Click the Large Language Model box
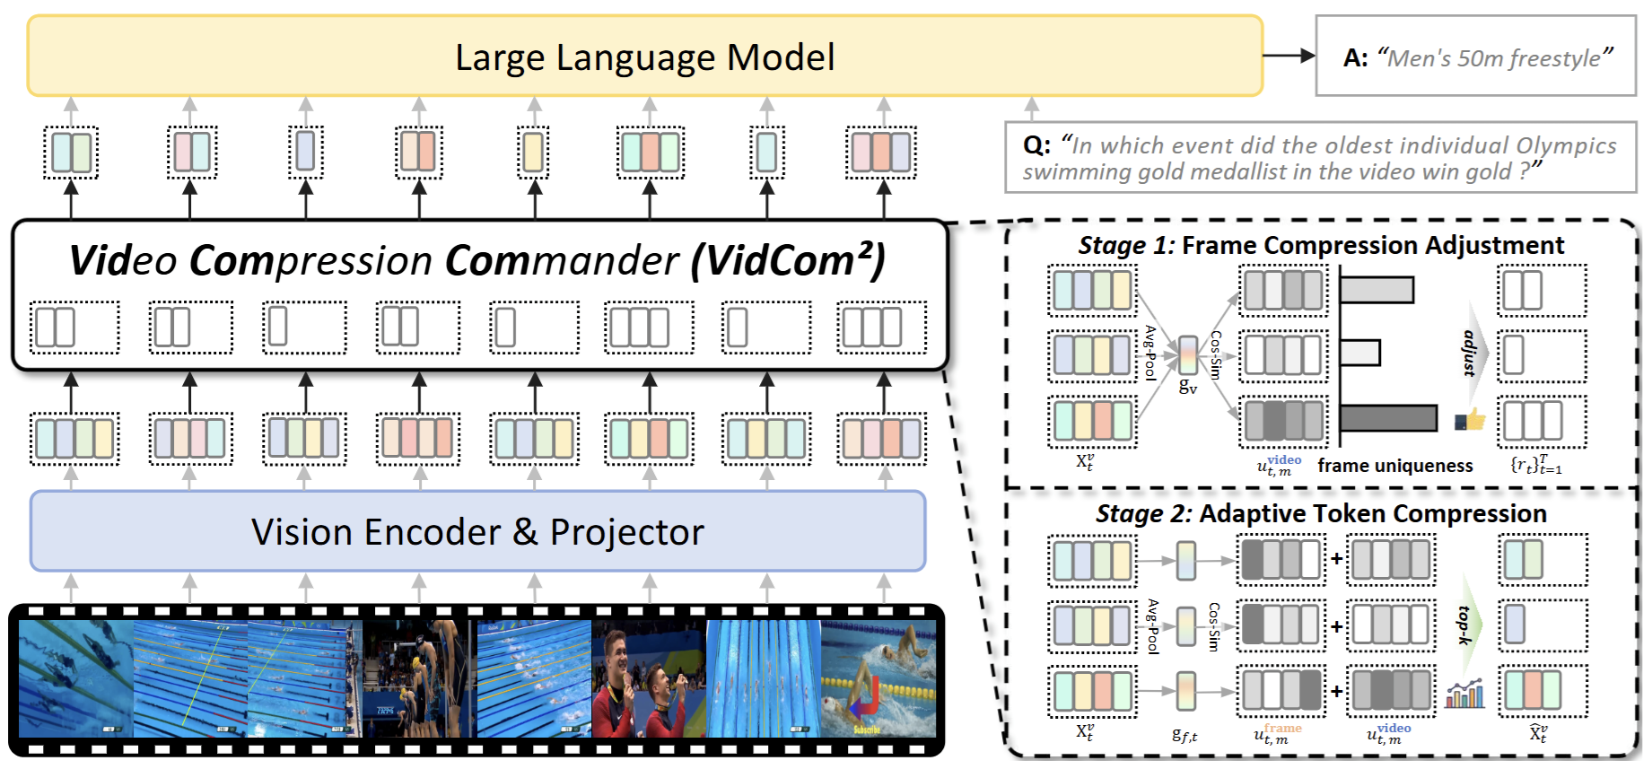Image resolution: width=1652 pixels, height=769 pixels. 644,57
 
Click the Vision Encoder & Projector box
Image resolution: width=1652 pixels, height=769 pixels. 477,531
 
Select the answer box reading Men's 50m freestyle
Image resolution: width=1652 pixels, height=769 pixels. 1476,57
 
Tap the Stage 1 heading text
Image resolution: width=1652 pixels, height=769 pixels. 1320,245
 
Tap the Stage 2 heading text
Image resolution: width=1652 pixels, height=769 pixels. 1320,513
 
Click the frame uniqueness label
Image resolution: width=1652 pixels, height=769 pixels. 1394,466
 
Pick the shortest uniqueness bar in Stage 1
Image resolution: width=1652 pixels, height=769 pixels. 1360,353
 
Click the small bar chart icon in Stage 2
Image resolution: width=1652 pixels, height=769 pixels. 1464,694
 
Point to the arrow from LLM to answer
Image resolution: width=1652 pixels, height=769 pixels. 1289,56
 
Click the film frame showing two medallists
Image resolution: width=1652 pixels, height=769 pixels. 649,679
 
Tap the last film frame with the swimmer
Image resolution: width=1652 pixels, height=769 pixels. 878,679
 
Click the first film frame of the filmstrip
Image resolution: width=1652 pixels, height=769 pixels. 76,679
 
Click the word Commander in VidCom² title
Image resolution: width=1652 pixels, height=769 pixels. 562,261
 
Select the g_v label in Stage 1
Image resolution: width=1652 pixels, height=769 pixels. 1187,387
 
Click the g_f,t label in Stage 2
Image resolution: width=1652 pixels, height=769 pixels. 1184,735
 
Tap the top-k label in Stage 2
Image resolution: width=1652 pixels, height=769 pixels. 1464,625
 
